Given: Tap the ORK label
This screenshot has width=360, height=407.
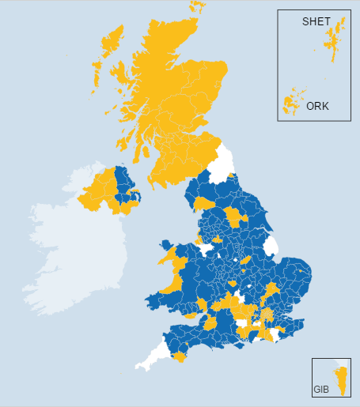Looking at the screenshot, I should tap(317, 105).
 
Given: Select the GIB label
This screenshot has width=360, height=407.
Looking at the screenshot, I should tap(320, 390).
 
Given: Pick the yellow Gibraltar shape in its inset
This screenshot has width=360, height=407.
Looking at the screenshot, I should tap(343, 382).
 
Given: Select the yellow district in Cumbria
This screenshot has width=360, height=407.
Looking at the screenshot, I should tap(203, 203).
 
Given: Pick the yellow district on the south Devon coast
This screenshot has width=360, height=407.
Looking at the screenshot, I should tap(180, 357).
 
